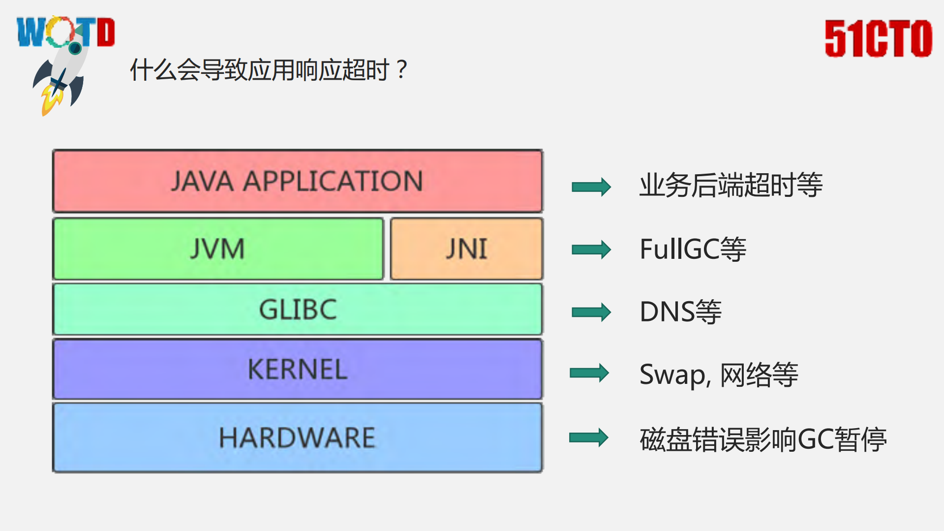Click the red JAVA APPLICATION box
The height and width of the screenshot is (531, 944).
[298, 181]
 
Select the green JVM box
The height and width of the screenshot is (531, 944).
[218, 249]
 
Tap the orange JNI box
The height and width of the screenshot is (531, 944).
[466, 249]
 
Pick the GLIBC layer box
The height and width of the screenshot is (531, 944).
[298, 309]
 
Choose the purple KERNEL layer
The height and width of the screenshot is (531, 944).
[298, 369]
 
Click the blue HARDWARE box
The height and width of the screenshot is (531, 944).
[298, 437]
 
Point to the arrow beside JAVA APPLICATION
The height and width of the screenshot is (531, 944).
[591, 187]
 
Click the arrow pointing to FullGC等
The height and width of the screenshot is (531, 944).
[591, 250]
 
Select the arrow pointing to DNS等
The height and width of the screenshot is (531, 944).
[591, 312]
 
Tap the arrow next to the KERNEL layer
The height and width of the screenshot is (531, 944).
[589, 373]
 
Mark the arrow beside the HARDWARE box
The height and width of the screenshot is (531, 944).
[588, 437]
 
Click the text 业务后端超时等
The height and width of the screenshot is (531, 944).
[731, 185]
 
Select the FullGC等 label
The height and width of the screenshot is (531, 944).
[693, 249]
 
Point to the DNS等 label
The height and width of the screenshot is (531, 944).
[680, 312]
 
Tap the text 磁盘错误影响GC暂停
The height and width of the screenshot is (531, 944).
[762, 439]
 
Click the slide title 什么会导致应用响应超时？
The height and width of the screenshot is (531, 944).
[268, 70]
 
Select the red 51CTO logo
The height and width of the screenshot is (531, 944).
[878, 38]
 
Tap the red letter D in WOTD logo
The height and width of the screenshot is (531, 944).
[106, 32]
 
